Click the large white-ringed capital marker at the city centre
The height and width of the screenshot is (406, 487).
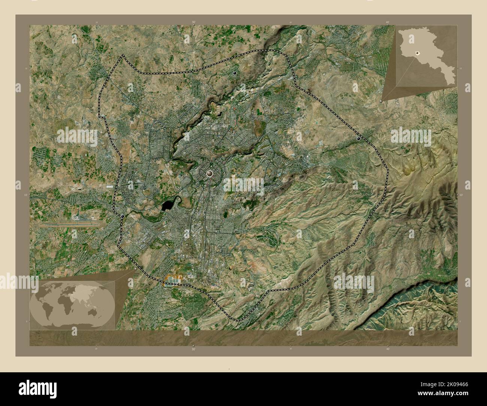(209, 173)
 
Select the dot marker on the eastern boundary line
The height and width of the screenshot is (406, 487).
(359, 139)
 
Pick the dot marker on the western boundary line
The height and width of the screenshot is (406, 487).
(123, 216)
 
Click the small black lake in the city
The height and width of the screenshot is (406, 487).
(167, 205)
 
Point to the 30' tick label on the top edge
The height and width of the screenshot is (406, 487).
(193, 22)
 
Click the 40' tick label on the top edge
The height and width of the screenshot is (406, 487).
(387, 22)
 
